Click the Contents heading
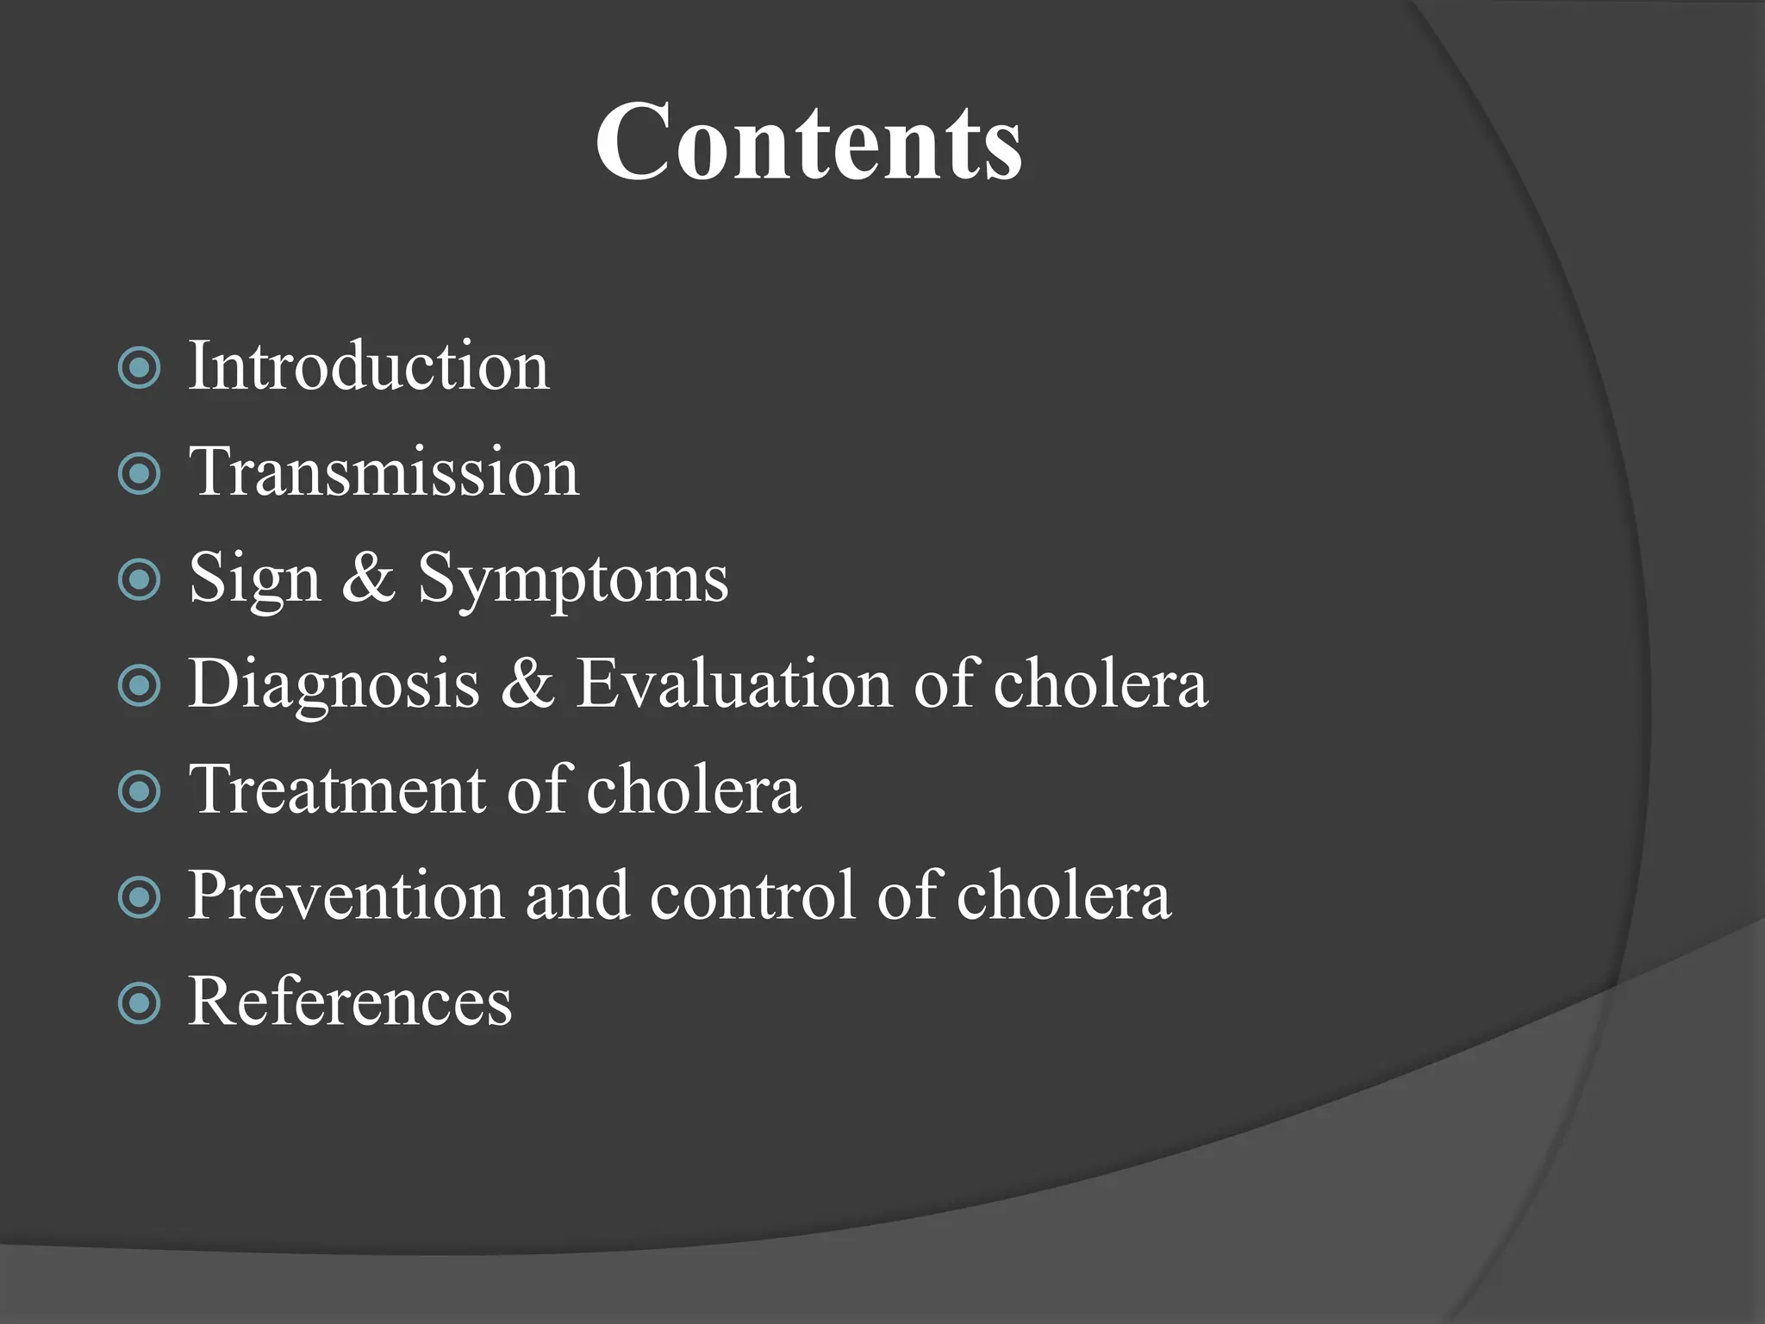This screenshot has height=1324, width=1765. tap(808, 142)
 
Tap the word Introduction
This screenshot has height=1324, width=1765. tap(368, 367)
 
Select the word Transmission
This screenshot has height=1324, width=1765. tap(384, 473)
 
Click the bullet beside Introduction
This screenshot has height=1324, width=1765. tap(139, 368)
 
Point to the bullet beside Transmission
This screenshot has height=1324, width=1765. tap(139, 474)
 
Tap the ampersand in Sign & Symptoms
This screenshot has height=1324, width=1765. tap(369, 578)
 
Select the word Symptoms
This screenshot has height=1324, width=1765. tap(573, 580)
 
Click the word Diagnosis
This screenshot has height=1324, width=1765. tap(334, 685)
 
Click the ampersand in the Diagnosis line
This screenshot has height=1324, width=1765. tap(527, 684)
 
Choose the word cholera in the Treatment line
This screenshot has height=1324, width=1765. tap(694, 790)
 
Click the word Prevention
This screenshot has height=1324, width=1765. tap(346, 896)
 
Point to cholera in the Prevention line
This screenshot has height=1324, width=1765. tap(1063, 896)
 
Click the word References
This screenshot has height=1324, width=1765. tap(350, 1002)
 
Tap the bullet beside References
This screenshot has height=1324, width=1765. tap(139, 1003)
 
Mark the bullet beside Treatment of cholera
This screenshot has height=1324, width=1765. tap(139, 791)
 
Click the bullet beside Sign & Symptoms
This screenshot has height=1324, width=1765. tap(139, 580)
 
